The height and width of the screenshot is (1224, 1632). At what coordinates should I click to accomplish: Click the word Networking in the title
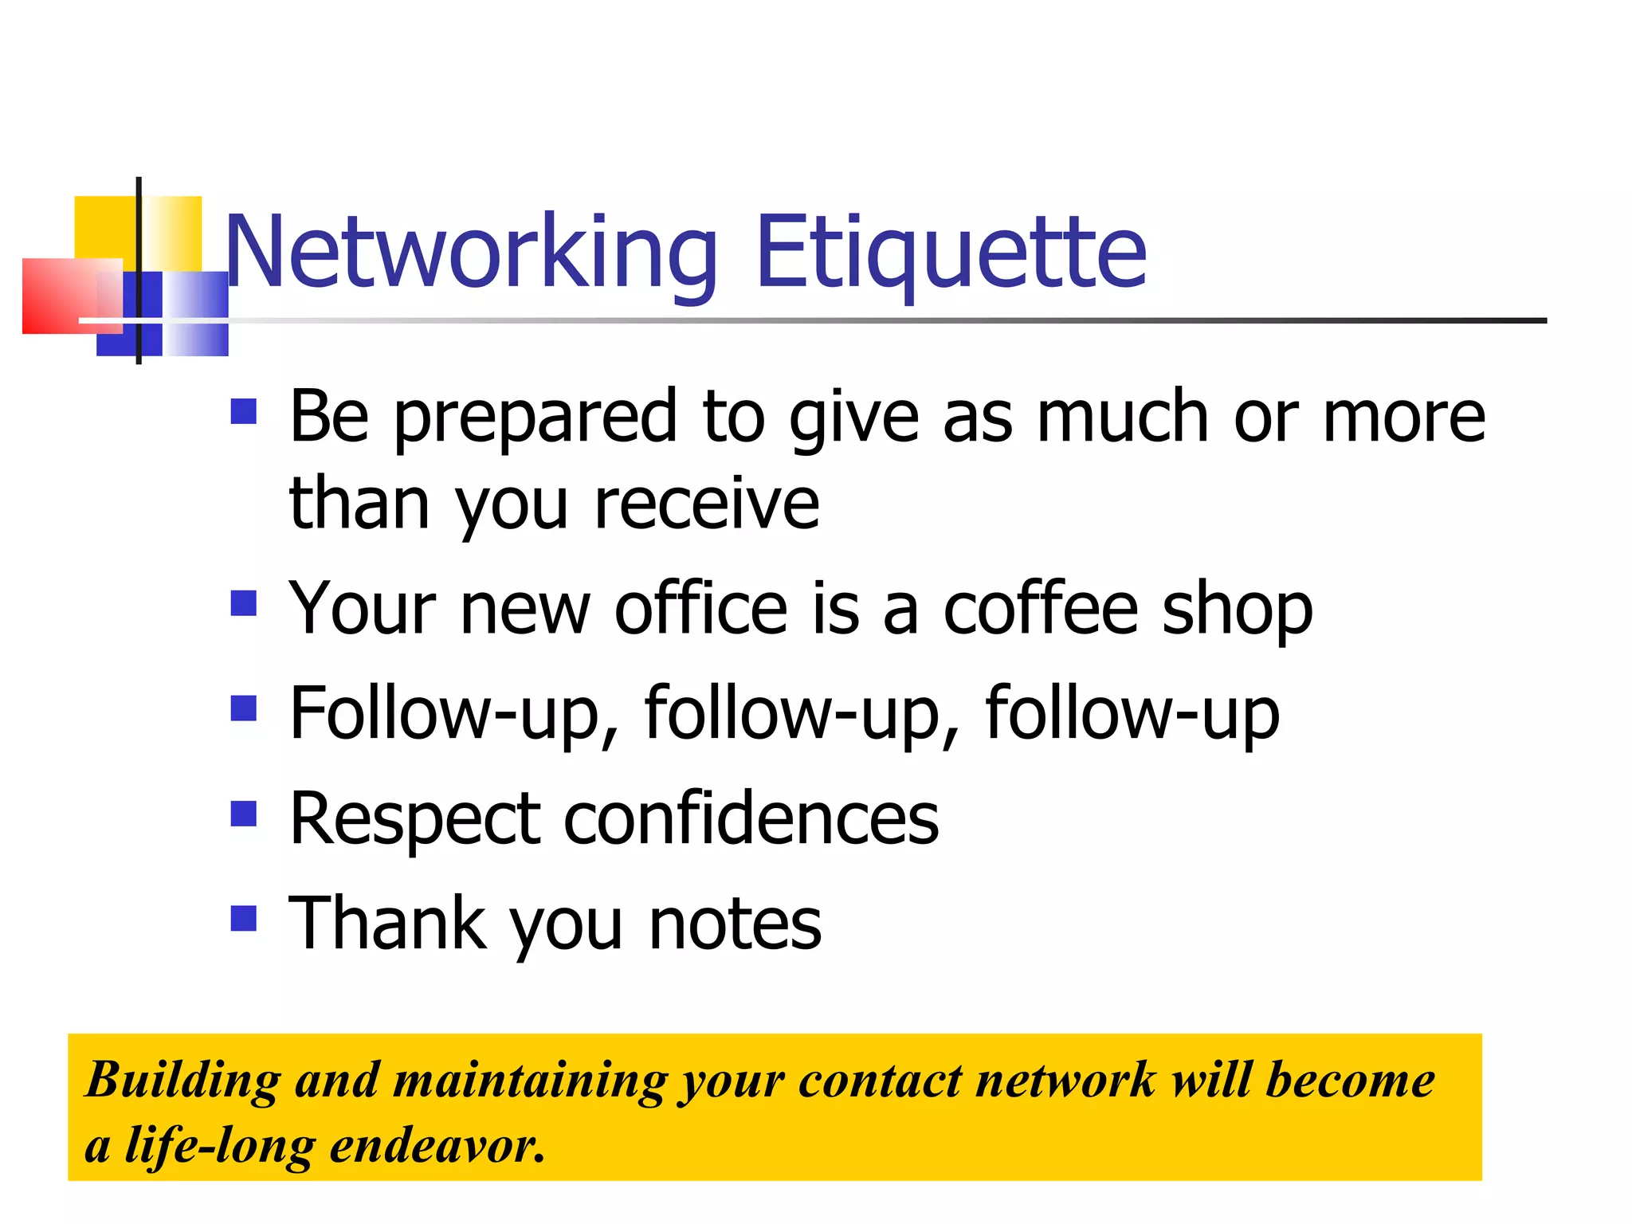pos(471,253)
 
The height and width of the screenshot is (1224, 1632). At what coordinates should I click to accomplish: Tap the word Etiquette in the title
pos(951,253)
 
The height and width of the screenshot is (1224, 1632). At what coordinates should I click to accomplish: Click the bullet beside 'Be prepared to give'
pos(243,411)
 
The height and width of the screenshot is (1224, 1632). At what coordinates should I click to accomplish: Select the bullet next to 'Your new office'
pos(243,603)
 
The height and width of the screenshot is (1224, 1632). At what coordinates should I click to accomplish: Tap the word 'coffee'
pos(1041,609)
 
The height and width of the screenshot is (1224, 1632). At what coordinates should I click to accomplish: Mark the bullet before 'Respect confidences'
pos(243,814)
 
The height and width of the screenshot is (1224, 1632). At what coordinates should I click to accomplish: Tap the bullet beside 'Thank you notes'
pos(243,918)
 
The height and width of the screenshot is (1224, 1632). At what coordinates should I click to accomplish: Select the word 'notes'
pos(735,924)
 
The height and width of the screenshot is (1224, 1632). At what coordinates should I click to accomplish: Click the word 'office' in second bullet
pos(701,609)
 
